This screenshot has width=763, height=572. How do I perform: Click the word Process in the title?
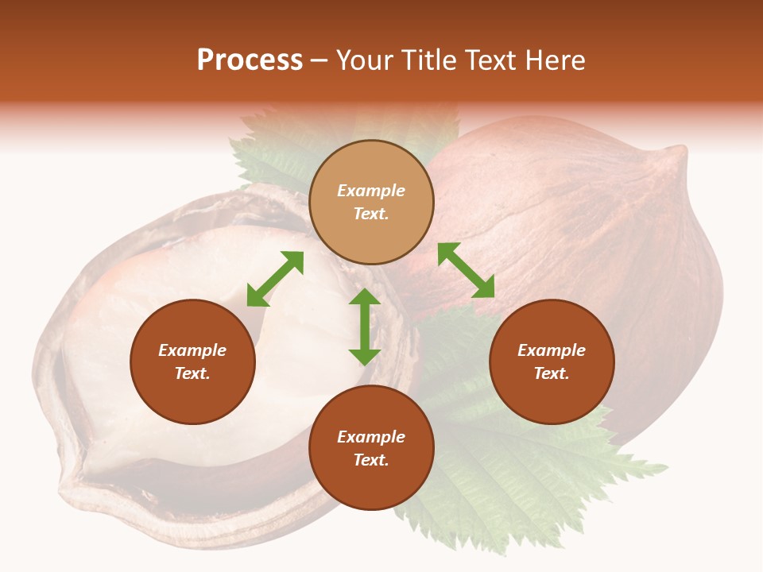click(250, 60)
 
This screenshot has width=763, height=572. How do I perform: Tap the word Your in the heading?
click(364, 60)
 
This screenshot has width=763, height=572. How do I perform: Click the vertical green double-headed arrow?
click(365, 327)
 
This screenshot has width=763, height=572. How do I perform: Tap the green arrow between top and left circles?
click(275, 279)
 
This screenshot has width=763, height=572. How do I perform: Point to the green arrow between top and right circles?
click(466, 270)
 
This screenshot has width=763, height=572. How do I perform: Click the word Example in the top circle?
click(371, 191)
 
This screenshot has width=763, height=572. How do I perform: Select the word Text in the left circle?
click(192, 373)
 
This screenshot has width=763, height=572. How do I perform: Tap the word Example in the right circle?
click(552, 350)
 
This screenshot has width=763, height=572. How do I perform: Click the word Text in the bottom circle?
click(371, 460)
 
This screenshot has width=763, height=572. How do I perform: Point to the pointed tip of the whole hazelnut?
click(676, 155)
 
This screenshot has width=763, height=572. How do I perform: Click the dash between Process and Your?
click(320, 60)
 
